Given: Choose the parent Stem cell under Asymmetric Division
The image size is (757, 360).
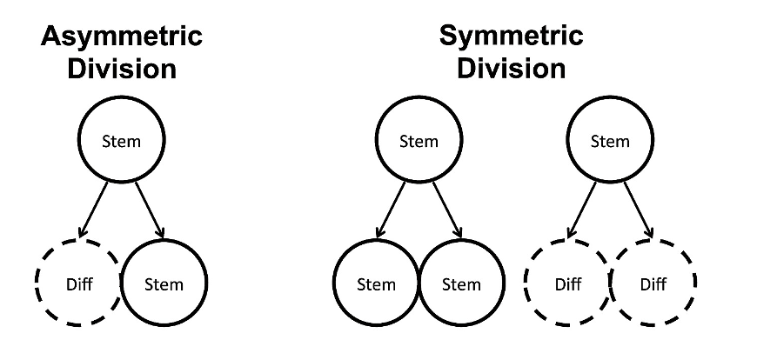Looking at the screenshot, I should (122, 140).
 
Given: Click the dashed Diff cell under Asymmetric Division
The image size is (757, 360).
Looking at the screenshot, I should (77, 283).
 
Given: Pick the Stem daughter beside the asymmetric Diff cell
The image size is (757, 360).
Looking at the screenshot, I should (164, 283).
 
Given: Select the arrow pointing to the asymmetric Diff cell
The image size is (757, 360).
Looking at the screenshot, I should (94, 209).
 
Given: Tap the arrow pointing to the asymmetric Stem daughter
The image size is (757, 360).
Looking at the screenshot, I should (148, 209).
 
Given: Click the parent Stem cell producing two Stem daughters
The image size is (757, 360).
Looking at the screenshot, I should (419, 140).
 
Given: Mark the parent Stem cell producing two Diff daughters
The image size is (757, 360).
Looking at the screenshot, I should (610, 140).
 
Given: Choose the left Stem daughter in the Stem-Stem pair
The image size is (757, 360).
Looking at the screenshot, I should (376, 283).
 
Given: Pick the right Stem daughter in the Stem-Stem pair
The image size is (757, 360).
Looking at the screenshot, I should (461, 283).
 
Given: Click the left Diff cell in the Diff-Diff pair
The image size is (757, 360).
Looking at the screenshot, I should (567, 283).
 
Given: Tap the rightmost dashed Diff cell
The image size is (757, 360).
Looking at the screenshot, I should (653, 283).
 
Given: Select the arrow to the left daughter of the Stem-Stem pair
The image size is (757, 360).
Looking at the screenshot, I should (392, 209).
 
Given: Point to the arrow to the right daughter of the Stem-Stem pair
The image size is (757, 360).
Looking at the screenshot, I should (445, 209).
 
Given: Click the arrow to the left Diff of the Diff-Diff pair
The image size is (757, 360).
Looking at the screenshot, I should (583, 209).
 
